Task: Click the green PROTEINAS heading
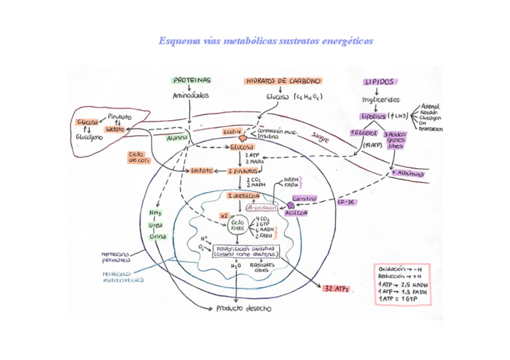click(x=192, y=80)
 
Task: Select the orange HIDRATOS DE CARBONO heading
click(x=283, y=81)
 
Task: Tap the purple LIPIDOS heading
click(x=379, y=82)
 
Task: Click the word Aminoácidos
click(x=191, y=96)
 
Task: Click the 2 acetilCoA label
click(x=244, y=196)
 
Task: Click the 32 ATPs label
click(x=336, y=289)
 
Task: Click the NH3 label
click(x=156, y=213)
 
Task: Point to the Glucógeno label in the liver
click(x=89, y=137)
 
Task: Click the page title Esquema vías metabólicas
click(x=265, y=41)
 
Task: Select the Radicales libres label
click(x=262, y=267)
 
